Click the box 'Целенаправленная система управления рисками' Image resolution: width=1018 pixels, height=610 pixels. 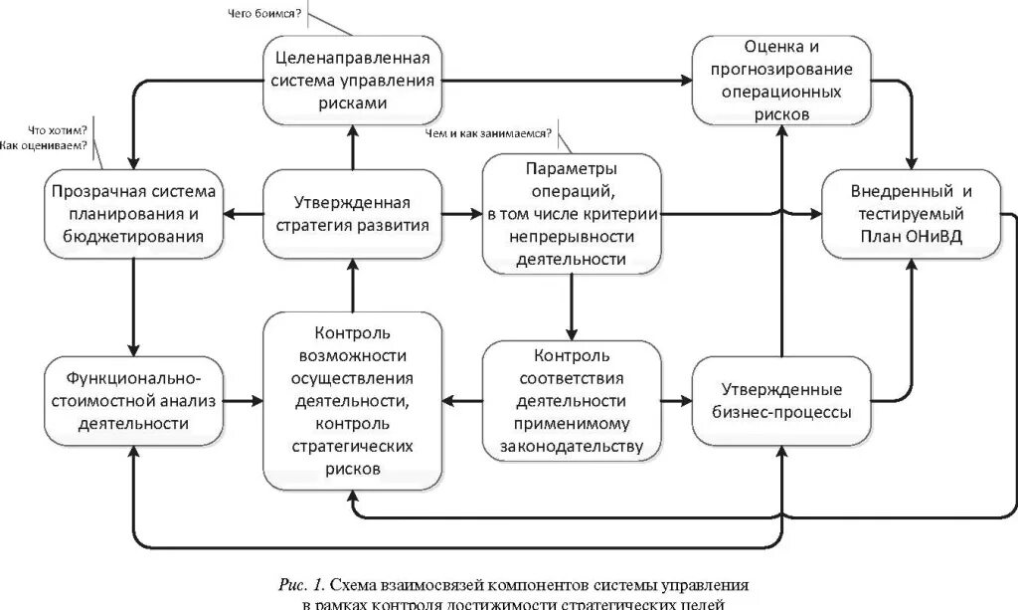pos(353,81)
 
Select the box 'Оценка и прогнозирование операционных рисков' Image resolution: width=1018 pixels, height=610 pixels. pos(781,81)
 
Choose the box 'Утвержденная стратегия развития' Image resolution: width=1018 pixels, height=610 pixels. pos(352,213)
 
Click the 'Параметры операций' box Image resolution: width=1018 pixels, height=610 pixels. pos(571,213)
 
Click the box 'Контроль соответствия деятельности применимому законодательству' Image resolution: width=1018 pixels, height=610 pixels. pos(571,400)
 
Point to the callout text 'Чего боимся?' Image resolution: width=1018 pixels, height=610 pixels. pos(255,13)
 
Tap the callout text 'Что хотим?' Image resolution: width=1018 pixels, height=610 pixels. pos(58,131)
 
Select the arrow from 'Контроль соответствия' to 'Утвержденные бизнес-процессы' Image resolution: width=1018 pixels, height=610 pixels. pos(676,400)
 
